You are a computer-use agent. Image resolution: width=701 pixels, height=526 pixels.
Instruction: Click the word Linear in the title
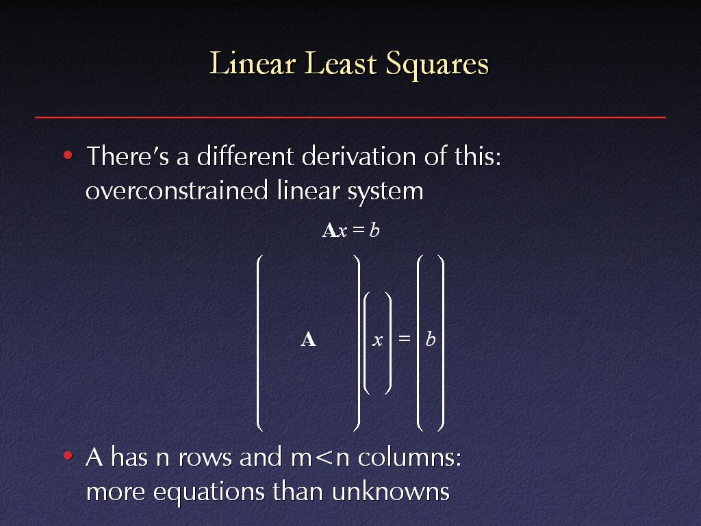tap(253, 63)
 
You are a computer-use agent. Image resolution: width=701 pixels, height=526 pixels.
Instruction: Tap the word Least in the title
tap(341, 63)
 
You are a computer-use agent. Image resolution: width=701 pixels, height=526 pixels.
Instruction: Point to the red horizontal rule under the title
tap(350, 117)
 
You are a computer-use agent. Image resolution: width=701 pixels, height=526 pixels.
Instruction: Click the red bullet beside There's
tap(68, 155)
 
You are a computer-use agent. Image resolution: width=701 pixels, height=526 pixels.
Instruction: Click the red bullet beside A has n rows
tap(68, 455)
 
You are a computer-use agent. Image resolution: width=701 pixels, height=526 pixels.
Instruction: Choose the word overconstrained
tap(177, 190)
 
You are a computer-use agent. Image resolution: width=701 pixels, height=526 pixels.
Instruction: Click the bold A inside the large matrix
tap(309, 340)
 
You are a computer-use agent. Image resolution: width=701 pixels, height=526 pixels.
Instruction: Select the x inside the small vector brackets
tap(378, 341)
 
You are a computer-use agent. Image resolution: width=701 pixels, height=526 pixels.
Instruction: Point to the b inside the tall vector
tap(431, 338)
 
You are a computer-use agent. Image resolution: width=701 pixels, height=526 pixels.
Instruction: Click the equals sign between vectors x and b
tap(404, 338)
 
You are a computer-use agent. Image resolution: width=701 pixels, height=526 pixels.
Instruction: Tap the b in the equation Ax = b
tap(374, 230)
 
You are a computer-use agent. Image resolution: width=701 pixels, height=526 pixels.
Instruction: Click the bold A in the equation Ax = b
tap(329, 230)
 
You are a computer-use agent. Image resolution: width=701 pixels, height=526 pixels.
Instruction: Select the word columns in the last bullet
tap(409, 457)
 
